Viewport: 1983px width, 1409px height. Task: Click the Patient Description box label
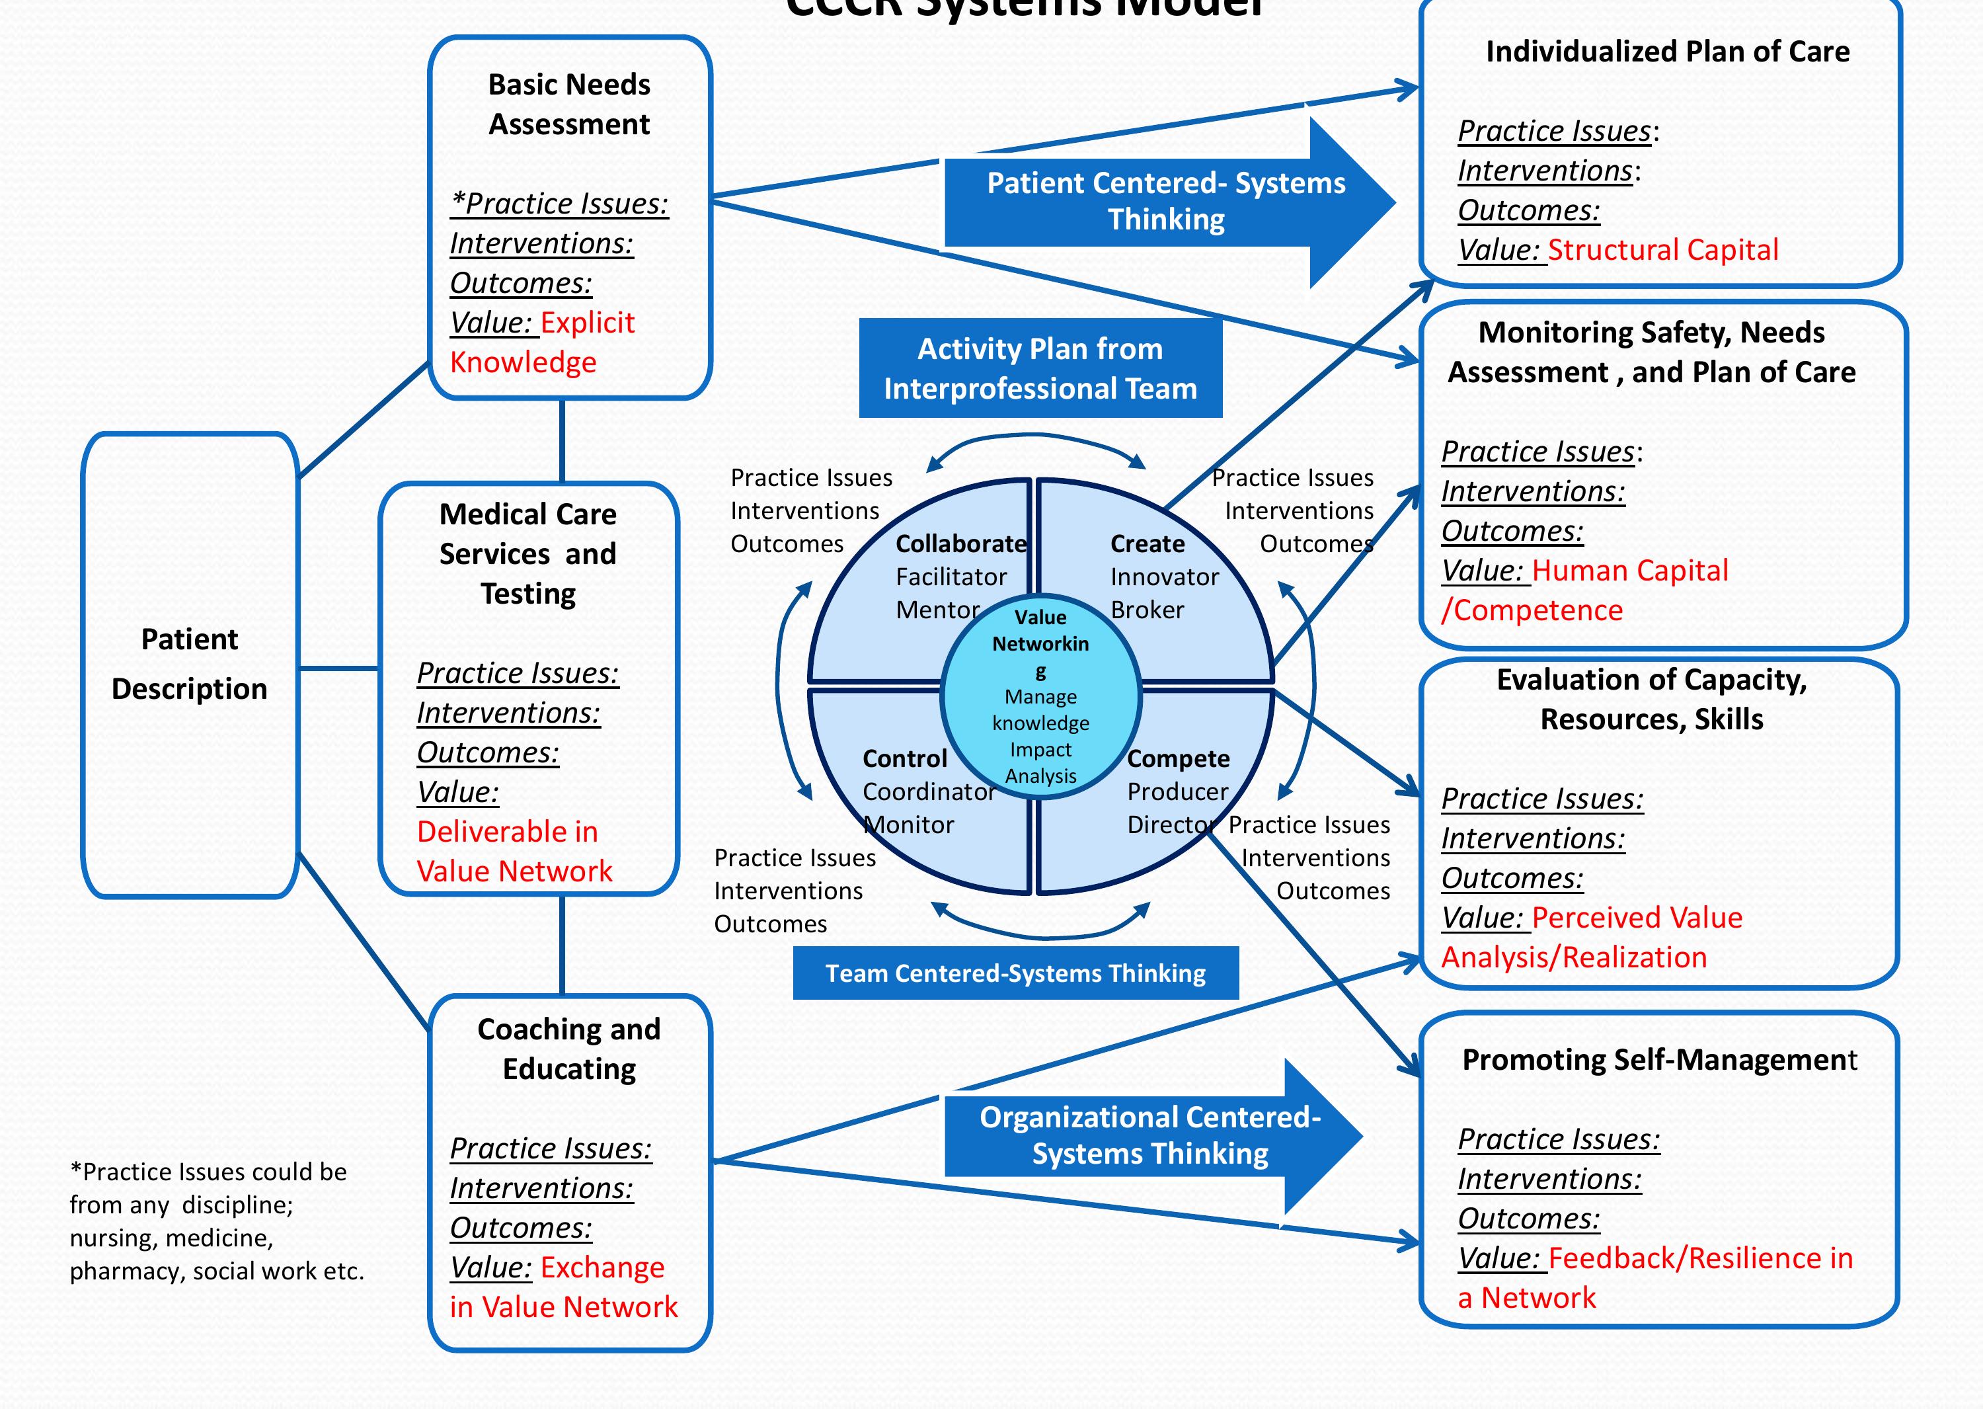click(x=189, y=664)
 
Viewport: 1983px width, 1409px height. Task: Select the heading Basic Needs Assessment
click(x=569, y=104)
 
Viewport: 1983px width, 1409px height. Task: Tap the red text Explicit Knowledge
click(x=542, y=342)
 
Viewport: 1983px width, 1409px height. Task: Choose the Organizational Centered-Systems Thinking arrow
click(x=1149, y=1135)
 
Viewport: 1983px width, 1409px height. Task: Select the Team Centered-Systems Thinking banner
click(x=1015, y=973)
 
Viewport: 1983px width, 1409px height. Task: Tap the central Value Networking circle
click(x=1040, y=694)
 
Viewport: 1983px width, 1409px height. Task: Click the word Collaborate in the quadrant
click(x=960, y=544)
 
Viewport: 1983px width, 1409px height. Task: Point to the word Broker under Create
click(x=1147, y=610)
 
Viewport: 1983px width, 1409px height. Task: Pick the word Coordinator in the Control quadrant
click(x=928, y=791)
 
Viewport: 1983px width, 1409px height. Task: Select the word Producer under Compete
click(x=1177, y=791)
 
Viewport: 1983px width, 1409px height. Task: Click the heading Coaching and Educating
click(x=569, y=1048)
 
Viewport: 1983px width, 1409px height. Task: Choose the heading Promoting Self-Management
click(x=1658, y=1059)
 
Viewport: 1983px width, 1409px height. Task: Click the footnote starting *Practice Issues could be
click(x=216, y=1221)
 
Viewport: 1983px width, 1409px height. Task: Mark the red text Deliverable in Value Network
click(x=514, y=851)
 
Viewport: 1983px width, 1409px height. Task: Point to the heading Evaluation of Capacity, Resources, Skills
click(x=1652, y=700)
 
